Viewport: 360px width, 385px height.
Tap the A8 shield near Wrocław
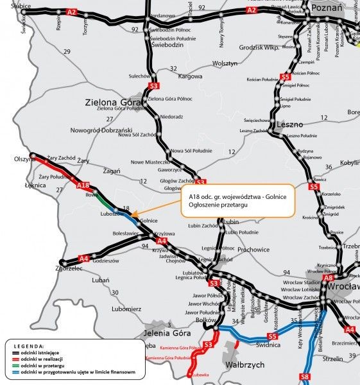329,278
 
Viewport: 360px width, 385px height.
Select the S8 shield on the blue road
305,375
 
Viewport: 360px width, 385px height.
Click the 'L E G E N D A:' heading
26,345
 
